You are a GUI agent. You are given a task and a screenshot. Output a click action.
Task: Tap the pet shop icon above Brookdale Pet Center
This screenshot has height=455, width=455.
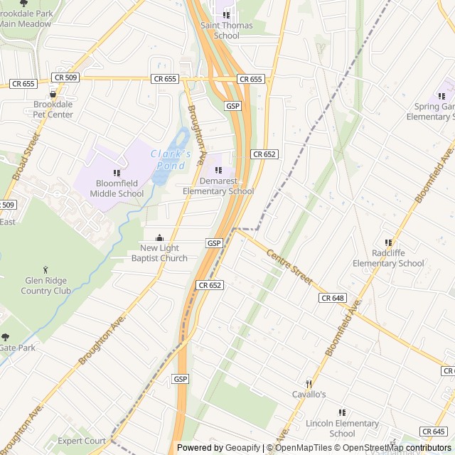coord(53,94)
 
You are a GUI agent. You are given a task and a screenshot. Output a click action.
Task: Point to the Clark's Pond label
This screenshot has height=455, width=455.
coord(171,159)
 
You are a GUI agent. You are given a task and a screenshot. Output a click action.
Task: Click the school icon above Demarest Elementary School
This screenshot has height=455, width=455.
coord(218,171)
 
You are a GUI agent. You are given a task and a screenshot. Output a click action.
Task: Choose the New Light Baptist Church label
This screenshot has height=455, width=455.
coord(159,253)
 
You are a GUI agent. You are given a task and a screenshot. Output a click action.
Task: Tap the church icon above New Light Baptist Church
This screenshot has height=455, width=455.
coord(159,238)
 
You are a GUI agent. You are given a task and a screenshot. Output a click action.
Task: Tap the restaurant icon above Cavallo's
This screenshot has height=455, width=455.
coord(309,383)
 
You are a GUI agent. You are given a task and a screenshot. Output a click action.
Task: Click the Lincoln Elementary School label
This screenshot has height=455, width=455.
coord(342,429)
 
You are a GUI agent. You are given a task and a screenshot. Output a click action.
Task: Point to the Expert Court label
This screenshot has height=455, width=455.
coord(82,441)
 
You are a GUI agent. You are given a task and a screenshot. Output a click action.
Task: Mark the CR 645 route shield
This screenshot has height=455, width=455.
coord(434,432)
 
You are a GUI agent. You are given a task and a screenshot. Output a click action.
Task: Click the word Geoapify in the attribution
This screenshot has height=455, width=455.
coord(244,448)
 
